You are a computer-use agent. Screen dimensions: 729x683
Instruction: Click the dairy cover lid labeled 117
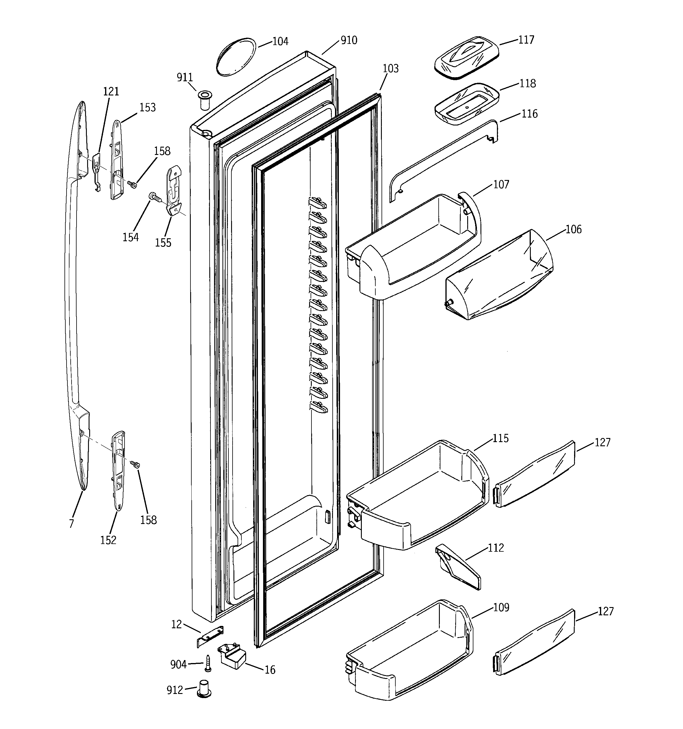[x=466, y=57]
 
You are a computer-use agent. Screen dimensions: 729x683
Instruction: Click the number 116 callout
[x=529, y=114]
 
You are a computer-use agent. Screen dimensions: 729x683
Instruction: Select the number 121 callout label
[x=111, y=91]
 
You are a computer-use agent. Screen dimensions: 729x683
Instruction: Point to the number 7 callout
[x=72, y=523]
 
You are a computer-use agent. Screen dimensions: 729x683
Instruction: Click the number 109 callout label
[x=501, y=608]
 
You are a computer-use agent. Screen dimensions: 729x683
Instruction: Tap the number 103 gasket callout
[x=390, y=69]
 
